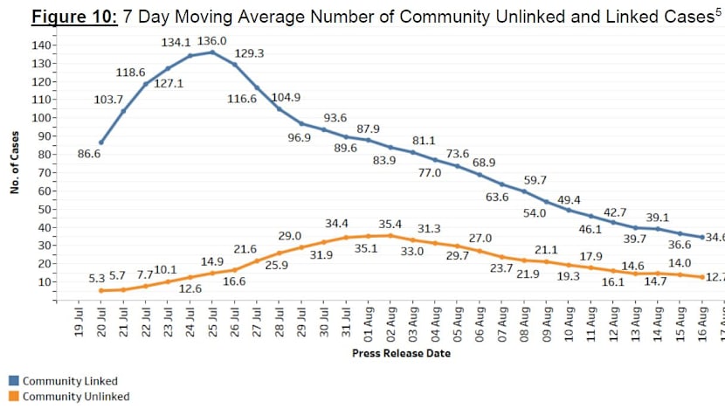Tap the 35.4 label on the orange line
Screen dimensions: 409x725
point(391,224)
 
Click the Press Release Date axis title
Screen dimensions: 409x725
point(401,353)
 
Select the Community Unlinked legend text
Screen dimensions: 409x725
point(75,397)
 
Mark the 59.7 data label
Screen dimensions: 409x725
point(535,180)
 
